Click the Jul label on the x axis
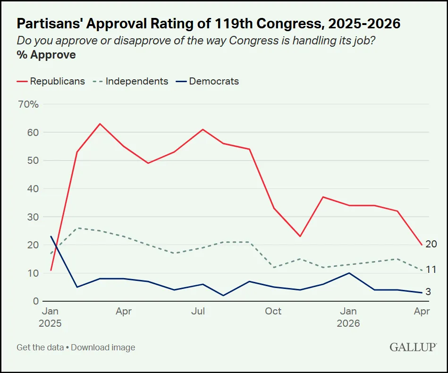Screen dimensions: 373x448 coord(199,311)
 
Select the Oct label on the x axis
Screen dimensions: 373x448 coord(273,311)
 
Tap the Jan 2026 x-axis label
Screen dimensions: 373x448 coord(348,317)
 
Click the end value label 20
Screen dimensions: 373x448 coord(431,244)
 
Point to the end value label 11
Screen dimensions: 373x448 coord(431,270)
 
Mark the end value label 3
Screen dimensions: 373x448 coord(428,292)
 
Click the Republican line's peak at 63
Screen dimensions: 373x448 coord(100,124)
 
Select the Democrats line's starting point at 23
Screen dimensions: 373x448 coord(51,237)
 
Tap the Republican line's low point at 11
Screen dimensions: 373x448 coord(51,270)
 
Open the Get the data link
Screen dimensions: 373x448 coord(40,348)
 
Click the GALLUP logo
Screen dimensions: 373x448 coord(412,348)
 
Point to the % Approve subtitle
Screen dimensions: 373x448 coord(46,55)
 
